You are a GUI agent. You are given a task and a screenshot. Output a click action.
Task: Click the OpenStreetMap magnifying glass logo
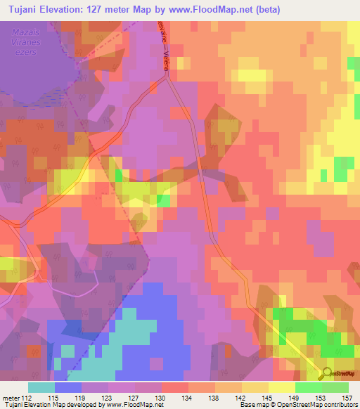click(x=327, y=374)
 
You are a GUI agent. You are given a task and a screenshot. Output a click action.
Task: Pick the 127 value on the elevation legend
click(x=134, y=398)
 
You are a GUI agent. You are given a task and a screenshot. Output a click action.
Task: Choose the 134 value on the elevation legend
click(x=188, y=398)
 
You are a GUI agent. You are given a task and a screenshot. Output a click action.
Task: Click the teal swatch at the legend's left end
click(x=41, y=387)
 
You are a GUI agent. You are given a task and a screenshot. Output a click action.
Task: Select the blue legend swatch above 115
click(x=68, y=387)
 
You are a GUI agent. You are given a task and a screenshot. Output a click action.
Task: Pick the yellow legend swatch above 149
click(x=282, y=387)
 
